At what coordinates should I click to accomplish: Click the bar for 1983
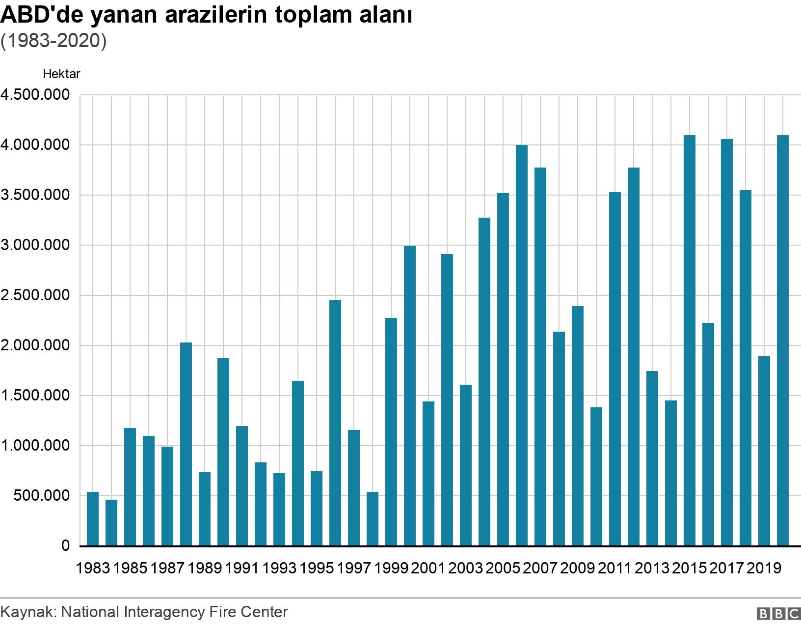coord(93,518)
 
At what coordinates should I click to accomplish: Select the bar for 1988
coord(186,444)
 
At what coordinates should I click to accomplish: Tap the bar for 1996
coord(335,423)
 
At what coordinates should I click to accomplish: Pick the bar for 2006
coord(522,345)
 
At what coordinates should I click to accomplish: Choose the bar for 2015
coord(690,340)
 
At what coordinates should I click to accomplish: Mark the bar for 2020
coord(783,340)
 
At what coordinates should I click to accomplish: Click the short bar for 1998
coord(373,518)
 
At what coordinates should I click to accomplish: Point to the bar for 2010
coord(596,476)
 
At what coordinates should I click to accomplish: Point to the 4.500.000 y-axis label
coord(35,95)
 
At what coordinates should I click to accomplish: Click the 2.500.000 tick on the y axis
coord(35,295)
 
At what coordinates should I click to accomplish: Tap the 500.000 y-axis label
coord(41,496)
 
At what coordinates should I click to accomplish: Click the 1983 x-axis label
coord(93,568)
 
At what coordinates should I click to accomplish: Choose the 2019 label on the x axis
coord(764,568)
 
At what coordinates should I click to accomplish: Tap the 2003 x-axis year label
coord(466,568)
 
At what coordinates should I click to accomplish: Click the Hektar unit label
coord(61,74)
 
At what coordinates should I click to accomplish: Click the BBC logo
coord(779,614)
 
